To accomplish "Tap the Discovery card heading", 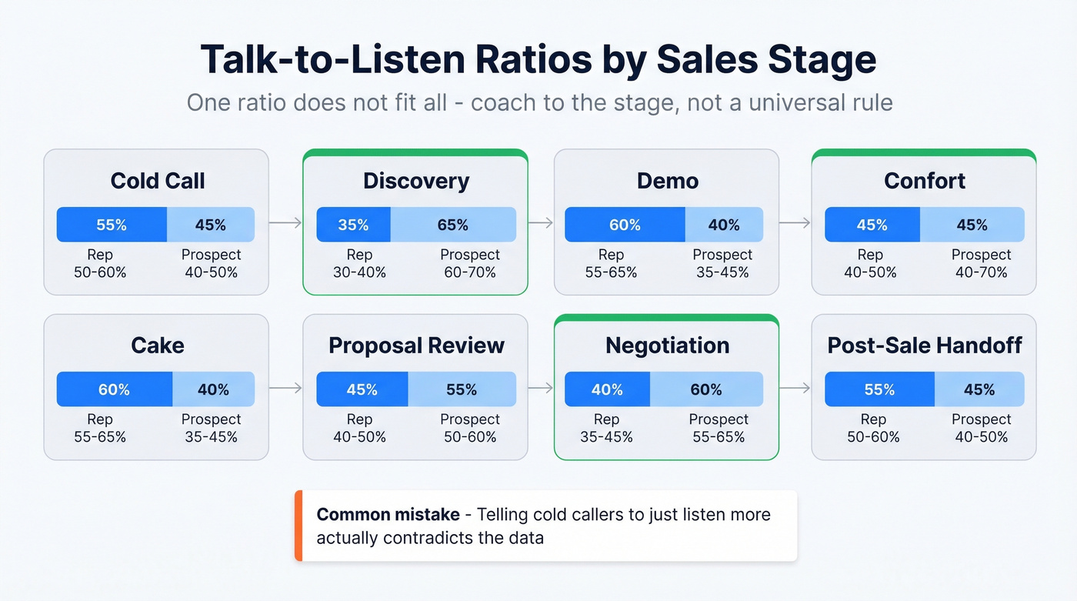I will coord(416,181).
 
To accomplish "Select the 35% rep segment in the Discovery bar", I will coord(353,225).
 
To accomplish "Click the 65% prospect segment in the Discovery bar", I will coord(453,225).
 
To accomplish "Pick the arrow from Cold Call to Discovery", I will coord(285,223).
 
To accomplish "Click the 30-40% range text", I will coord(359,272).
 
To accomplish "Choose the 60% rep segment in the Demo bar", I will coord(625,225).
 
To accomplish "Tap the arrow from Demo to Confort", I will coord(795,223).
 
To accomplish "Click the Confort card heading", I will coord(924,181).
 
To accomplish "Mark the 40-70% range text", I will coord(981,272).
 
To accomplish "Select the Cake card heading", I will coord(157,346).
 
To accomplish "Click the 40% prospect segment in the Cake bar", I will coord(213,389).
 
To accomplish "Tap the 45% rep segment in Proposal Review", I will coord(362,389).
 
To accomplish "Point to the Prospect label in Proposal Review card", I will coord(469,419).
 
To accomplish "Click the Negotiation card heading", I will coord(667,346).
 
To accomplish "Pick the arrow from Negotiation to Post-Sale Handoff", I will coord(795,388).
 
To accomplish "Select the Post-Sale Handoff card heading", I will coord(924,346).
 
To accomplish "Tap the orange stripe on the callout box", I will coord(298,526).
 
